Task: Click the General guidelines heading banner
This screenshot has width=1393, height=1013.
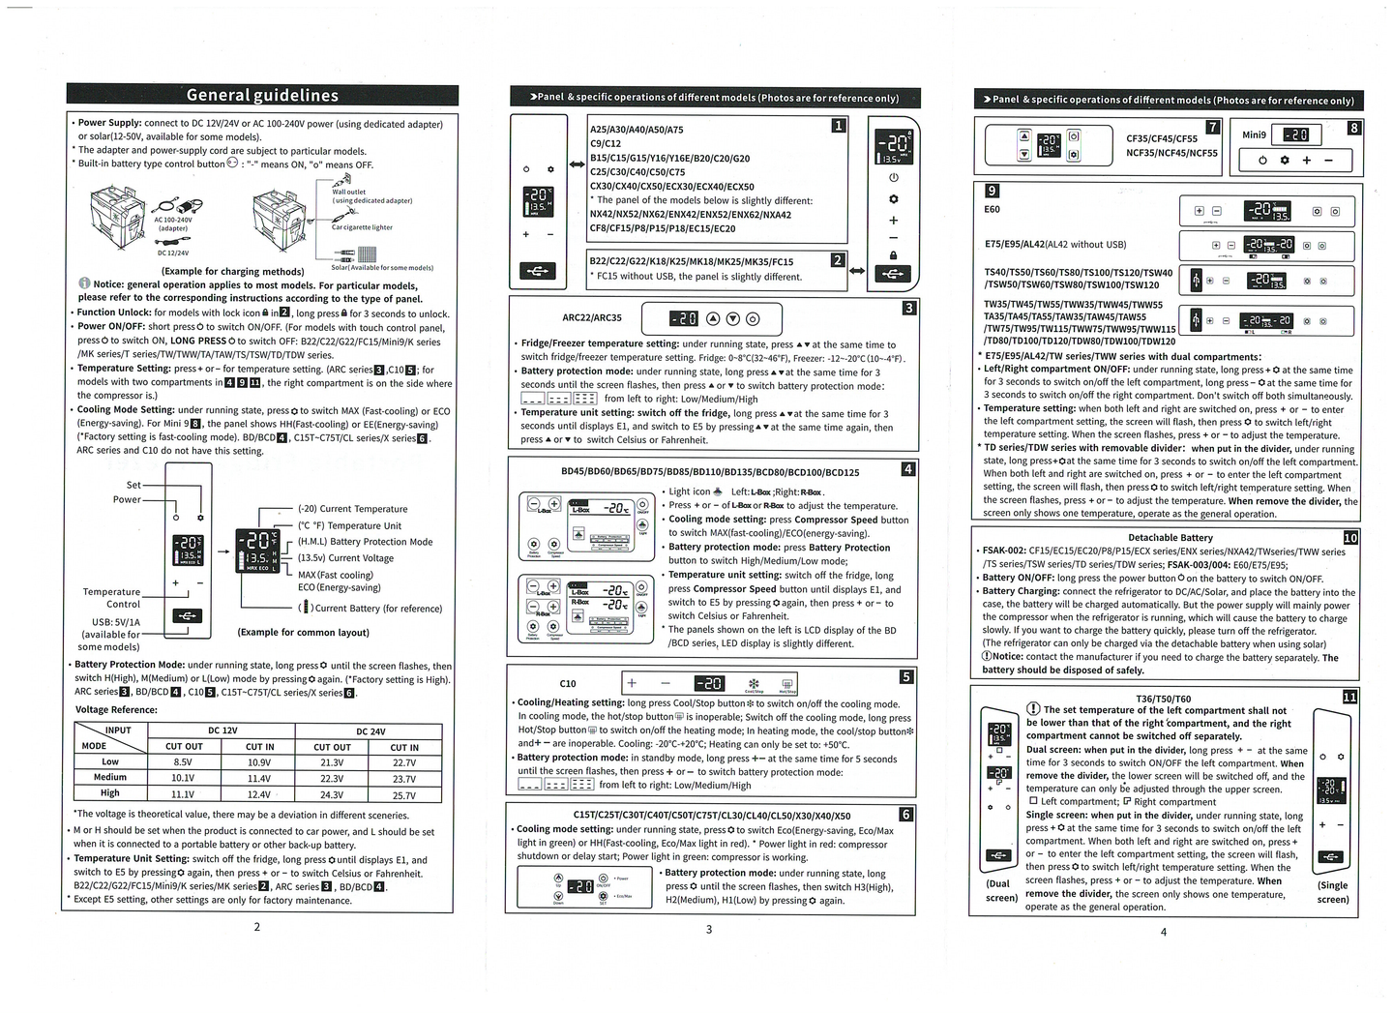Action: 262,95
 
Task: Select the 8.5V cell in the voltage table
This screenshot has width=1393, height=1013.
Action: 183,762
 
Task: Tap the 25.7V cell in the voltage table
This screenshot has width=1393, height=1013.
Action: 404,795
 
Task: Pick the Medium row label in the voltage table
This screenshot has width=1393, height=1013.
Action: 110,778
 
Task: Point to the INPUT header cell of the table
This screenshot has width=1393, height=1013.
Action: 118,730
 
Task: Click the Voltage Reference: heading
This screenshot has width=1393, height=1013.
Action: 116,710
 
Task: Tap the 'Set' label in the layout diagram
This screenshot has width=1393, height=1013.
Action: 133,485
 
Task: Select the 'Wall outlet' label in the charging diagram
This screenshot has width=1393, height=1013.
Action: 349,192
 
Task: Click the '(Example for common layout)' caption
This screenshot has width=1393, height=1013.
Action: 304,633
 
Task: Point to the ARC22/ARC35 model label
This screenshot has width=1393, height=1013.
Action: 592,317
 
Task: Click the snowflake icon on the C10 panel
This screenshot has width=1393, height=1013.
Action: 755,683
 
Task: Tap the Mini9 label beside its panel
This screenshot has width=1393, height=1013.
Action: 1254,134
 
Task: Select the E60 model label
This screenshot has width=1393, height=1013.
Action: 993,209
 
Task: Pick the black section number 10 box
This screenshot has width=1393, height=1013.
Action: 1350,538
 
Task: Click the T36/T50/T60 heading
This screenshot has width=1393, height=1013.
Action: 1163,698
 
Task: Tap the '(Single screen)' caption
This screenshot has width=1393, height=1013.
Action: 1332,892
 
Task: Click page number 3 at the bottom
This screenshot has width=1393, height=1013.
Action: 708,930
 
